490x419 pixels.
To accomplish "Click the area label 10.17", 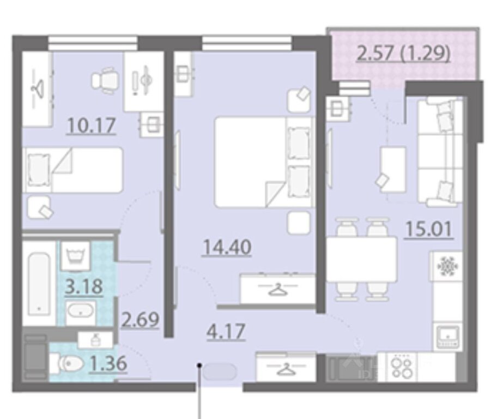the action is coord(91,125).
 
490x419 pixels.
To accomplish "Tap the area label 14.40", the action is coord(227,247).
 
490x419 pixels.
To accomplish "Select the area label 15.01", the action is coord(429,229).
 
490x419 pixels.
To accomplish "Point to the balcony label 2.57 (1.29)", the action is coord(403,53).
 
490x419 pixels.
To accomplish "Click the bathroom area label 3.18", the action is coord(84,286).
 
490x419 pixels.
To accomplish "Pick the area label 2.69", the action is coord(140,320).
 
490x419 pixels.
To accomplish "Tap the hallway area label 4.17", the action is coord(226,332).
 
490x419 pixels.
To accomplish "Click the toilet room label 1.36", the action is coord(108,363).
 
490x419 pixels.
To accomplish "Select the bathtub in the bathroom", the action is coord(39,284).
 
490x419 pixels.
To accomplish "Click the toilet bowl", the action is coord(67,363).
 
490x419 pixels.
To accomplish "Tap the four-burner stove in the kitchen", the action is coord(403,367).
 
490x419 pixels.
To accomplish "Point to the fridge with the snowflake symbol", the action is coord(447,266).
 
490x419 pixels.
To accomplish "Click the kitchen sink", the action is coord(448,337).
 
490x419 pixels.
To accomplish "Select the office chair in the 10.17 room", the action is coord(105,81).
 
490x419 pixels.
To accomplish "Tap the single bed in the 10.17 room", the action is coord(73,170).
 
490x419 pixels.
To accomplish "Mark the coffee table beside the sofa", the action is coord(392,169).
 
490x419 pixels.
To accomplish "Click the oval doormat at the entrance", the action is coord(220,372).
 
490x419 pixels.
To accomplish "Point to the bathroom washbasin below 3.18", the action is coord(80,313).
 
